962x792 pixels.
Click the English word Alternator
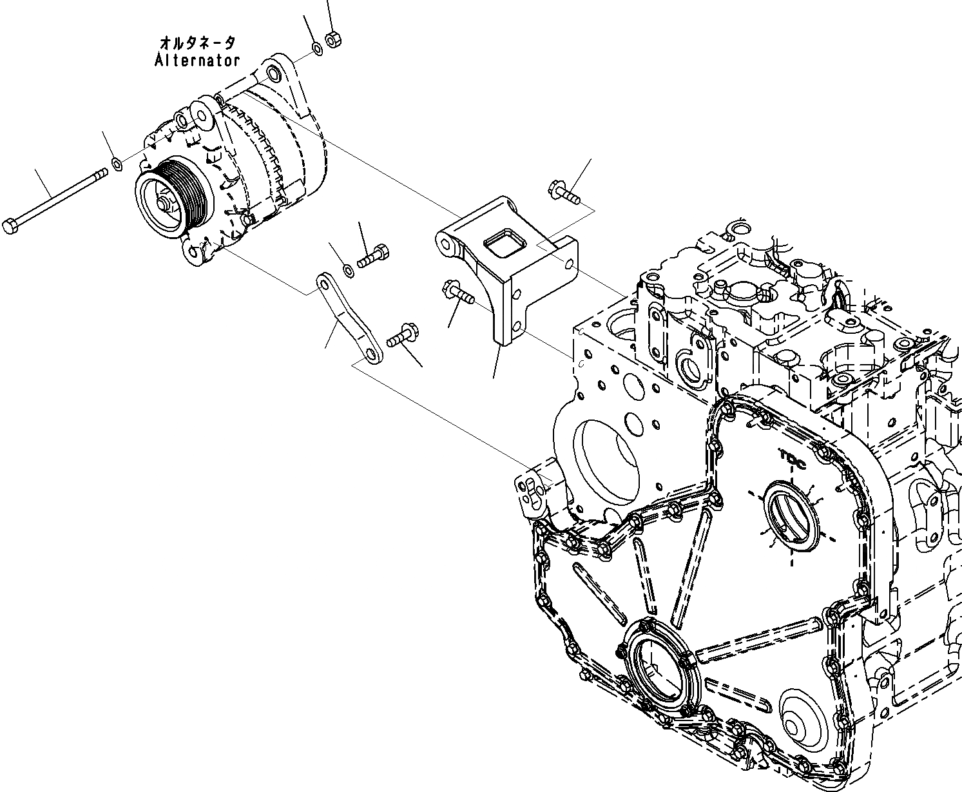click(x=197, y=61)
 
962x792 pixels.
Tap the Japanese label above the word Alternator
click(x=197, y=43)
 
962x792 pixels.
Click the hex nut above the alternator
click(x=333, y=40)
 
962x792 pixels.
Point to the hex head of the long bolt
click(x=10, y=226)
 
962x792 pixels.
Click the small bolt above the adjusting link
click(x=374, y=256)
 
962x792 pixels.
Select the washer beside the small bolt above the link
click(x=349, y=269)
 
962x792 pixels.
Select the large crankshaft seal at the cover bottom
click(x=655, y=667)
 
